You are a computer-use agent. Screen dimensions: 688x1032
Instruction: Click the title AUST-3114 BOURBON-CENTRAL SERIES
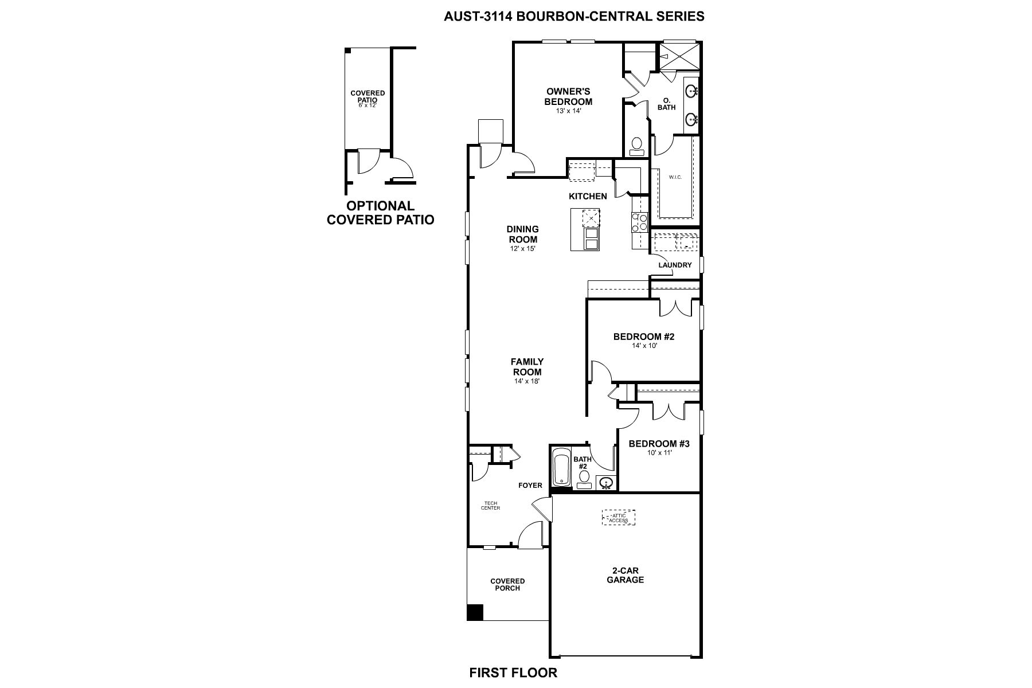(574, 16)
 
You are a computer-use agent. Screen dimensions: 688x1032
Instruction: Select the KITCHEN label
(588, 196)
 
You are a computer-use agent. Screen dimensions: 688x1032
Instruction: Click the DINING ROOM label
(522, 234)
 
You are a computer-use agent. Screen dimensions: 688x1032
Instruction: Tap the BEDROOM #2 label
(644, 337)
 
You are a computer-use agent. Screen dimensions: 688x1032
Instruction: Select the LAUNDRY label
(675, 265)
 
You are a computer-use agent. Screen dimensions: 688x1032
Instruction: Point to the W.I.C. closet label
(675, 177)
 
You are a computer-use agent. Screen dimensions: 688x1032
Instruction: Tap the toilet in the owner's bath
(636, 146)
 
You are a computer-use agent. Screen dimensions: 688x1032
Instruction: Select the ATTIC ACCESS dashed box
(618, 518)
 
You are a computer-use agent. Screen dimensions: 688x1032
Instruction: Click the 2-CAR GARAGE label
(625, 575)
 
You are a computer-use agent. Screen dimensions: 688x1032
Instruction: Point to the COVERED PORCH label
(507, 584)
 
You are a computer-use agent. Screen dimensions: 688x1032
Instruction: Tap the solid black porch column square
(475, 612)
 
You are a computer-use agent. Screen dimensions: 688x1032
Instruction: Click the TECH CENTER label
(491, 506)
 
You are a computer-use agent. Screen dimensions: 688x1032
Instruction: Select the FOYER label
(530, 486)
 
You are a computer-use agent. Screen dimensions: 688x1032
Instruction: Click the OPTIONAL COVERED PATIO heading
(380, 212)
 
